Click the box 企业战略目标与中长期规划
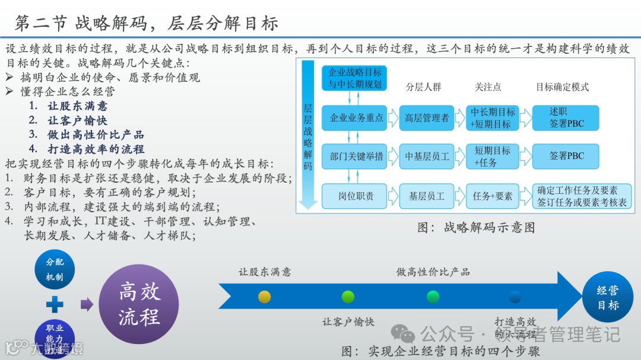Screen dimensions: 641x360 pyautogui.click(x=355, y=78)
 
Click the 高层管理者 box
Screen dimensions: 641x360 pyautogui.click(x=426, y=117)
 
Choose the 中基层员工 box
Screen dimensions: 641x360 pyautogui.click(x=426, y=157)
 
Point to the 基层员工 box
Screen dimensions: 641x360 pyautogui.click(x=426, y=196)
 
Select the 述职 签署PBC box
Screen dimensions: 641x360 pyautogui.click(x=566, y=117)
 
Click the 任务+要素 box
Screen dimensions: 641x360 pyautogui.click(x=493, y=196)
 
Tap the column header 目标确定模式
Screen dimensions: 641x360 pyautogui.click(x=562, y=87)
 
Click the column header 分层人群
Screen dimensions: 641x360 pyautogui.click(x=424, y=87)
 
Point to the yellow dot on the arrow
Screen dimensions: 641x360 pyautogui.click(x=265, y=297)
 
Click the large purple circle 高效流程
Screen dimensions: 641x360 pyautogui.click(x=139, y=304)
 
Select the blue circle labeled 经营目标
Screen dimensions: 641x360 pyautogui.click(x=608, y=298)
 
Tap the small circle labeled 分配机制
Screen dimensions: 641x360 pyautogui.click(x=55, y=269)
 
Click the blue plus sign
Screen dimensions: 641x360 pyautogui.click(x=55, y=305)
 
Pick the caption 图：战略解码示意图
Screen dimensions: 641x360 pyautogui.click(x=476, y=227)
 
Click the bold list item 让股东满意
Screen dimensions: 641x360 pyautogui.click(x=77, y=106)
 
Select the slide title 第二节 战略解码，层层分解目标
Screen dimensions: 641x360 pyautogui.click(x=146, y=23)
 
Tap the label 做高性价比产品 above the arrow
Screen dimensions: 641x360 pyautogui.click(x=433, y=272)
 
